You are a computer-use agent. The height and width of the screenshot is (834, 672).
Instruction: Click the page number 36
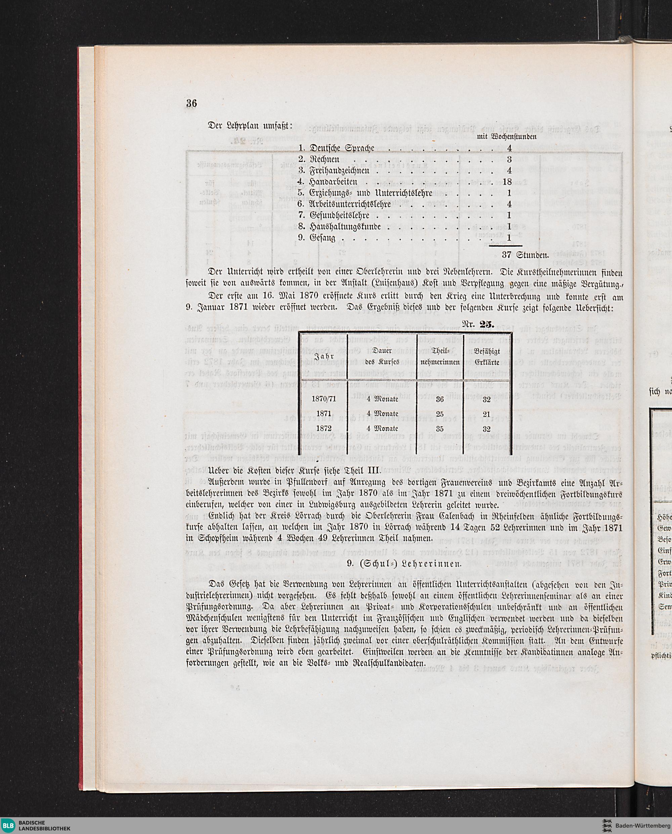click(x=192, y=104)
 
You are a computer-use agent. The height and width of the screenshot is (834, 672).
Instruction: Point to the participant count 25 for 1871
click(x=440, y=414)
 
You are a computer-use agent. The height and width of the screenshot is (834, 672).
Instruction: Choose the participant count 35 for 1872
click(x=440, y=429)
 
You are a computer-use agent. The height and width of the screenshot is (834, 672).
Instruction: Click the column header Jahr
click(x=323, y=356)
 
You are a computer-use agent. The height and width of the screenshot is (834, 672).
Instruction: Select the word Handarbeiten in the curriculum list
click(x=333, y=182)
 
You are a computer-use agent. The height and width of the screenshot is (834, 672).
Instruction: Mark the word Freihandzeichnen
click(x=339, y=170)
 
